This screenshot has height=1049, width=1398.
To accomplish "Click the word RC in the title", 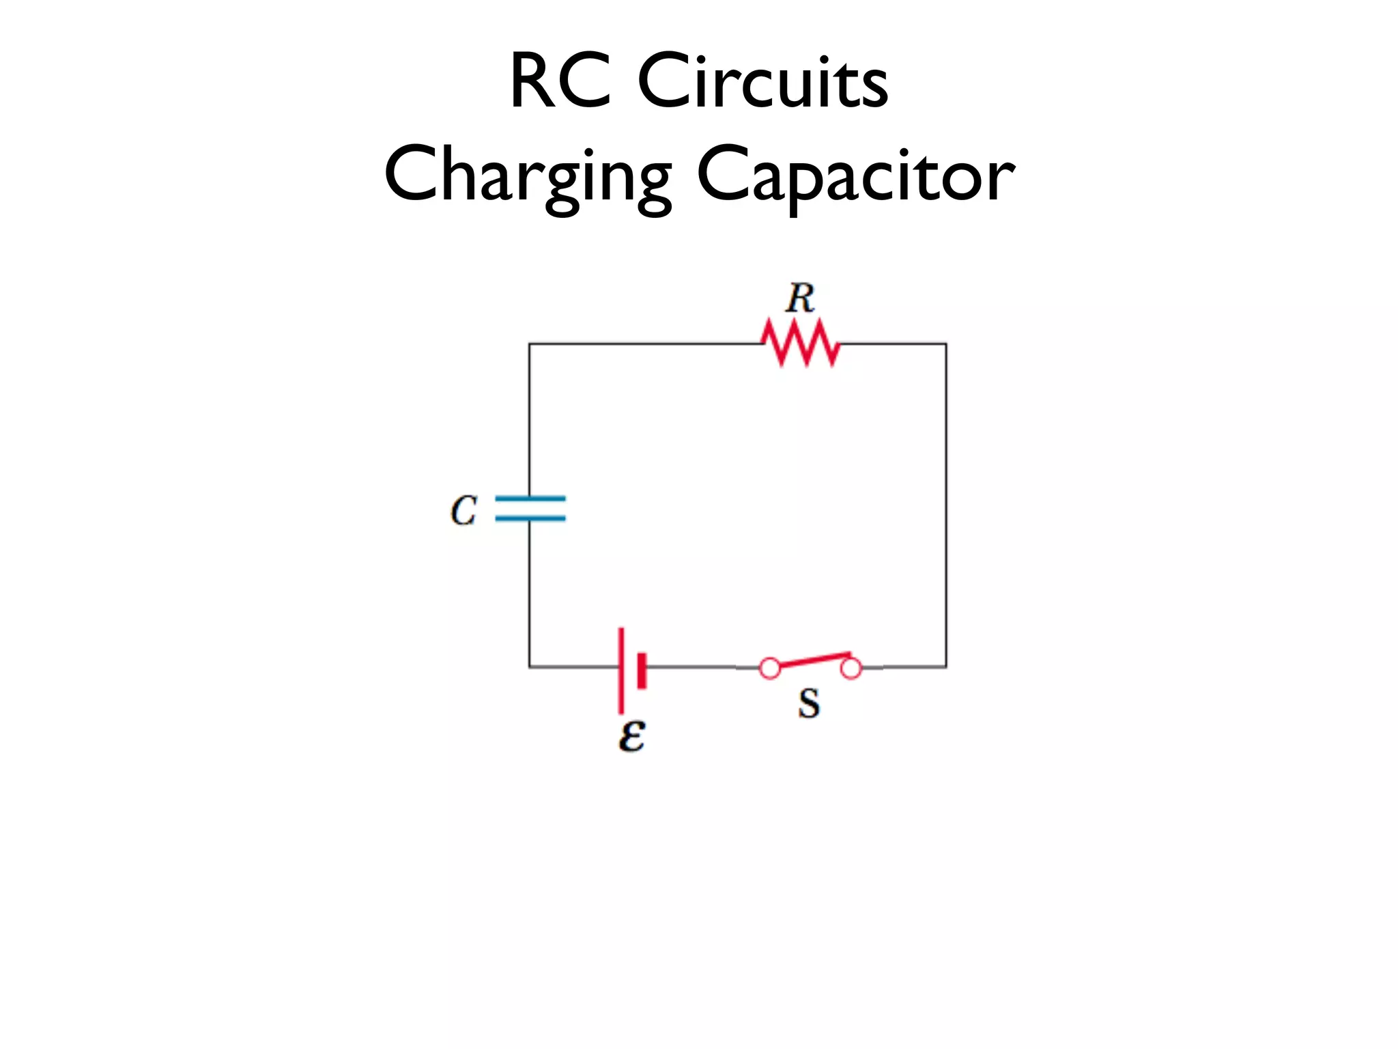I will coord(560,81).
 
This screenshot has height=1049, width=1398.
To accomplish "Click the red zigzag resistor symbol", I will coord(800,343).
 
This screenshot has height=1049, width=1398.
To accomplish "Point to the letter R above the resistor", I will coord(800,298).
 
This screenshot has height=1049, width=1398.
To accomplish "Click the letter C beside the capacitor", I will coord(463,510).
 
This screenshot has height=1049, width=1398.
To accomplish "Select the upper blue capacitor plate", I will coord(530,499).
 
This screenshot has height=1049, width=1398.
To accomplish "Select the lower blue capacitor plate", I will coord(530,518).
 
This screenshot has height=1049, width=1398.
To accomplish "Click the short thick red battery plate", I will coord(642,670).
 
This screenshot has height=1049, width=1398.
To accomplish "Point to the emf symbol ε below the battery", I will coord(631,736).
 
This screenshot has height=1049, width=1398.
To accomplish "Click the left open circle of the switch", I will coord(770,668).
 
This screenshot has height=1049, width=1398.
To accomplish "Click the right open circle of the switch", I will coord(851,668).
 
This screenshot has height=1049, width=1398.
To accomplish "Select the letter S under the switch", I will coord(809,703).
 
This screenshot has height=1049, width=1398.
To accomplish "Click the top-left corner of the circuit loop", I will coord(529,344).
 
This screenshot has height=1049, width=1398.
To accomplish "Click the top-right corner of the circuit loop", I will coord(945,344).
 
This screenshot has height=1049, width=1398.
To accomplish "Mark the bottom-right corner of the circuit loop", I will coord(945,667).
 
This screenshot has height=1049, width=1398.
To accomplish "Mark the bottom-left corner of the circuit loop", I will coord(529,667).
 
